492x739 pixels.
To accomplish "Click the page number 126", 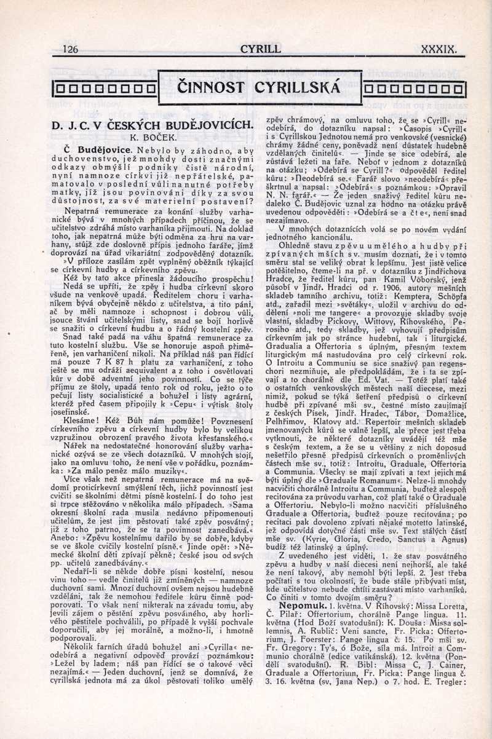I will [x=71, y=49].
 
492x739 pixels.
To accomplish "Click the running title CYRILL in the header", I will [x=260, y=49].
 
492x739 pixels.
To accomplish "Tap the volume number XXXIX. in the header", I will [x=439, y=49].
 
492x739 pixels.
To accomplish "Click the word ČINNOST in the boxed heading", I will [x=211, y=89].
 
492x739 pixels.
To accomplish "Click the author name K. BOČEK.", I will [x=152, y=138].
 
